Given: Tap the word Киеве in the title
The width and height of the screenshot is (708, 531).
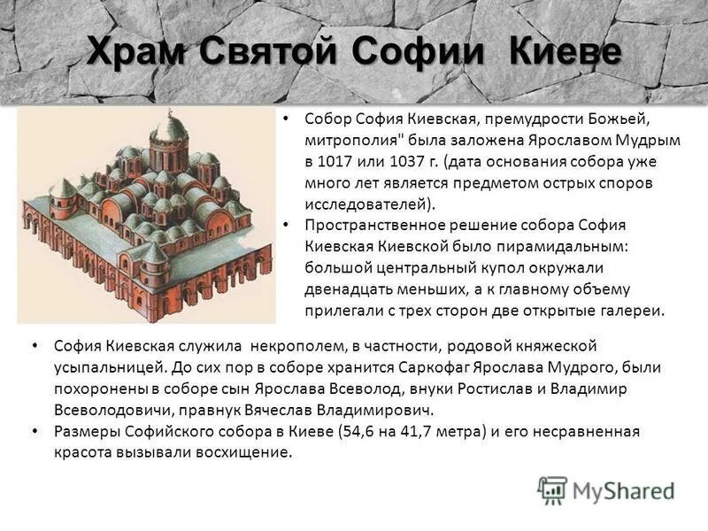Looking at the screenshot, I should point(566,51).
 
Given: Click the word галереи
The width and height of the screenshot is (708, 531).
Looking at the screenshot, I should point(630,311).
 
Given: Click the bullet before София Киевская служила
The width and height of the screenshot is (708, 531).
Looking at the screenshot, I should point(34,345).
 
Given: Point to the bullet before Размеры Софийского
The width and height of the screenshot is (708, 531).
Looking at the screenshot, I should point(34,432).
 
